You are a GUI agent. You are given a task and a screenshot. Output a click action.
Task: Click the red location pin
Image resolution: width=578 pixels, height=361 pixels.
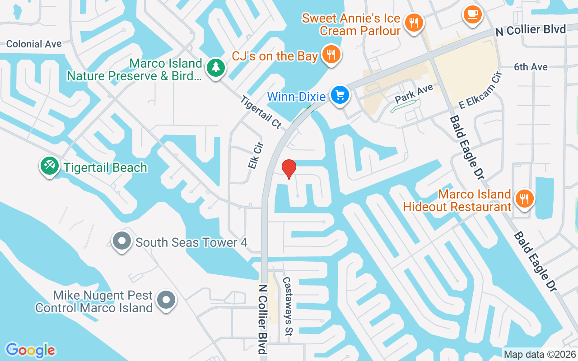point(289,169)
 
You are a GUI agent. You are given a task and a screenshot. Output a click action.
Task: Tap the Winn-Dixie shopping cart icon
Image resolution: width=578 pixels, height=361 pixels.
point(340,95)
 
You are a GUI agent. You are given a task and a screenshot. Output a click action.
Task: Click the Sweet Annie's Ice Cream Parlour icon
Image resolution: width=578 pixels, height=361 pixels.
point(413,21)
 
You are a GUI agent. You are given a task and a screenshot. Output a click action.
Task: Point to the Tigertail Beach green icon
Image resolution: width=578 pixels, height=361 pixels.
point(49,166)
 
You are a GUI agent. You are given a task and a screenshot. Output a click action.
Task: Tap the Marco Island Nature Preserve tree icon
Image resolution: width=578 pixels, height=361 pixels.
point(216,68)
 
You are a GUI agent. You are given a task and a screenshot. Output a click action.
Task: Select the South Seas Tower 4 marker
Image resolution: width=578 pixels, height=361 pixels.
point(121,241)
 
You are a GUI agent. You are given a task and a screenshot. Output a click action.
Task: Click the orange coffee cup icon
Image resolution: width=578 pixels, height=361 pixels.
point(472,14)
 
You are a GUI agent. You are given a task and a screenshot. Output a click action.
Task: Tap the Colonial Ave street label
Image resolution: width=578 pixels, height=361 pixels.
point(34,44)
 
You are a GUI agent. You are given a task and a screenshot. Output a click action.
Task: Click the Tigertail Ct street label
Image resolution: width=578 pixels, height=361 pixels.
point(261,112)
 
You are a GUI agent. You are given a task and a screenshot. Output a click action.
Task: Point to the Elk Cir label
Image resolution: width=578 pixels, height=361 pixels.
point(255,156)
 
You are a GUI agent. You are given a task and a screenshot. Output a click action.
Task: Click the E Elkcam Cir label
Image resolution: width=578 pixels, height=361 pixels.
point(480,90)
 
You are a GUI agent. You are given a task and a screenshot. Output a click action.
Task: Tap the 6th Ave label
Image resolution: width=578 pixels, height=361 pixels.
point(531,67)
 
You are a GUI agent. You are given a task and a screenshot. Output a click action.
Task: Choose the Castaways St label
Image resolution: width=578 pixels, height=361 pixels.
point(287,306)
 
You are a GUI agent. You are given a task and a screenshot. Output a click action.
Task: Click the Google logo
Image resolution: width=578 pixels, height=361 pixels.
point(30,350)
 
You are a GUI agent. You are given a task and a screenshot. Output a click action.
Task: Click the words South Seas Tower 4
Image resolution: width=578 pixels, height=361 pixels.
point(191,242)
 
